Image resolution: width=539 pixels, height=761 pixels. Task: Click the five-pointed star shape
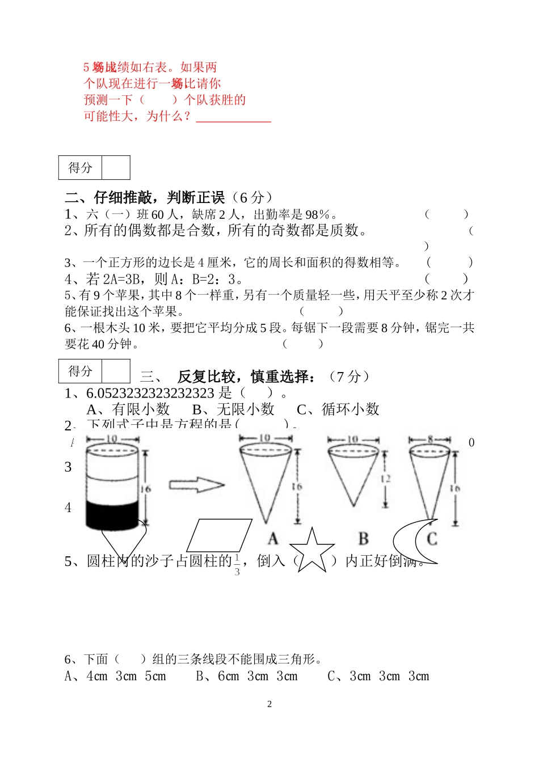click(x=311, y=551)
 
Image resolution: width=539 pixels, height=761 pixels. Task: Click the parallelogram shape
click(x=219, y=535)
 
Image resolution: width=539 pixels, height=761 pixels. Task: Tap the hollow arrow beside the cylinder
click(x=196, y=485)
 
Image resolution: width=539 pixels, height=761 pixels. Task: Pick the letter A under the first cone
click(x=273, y=538)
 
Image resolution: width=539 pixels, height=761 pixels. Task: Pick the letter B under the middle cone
click(x=364, y=538)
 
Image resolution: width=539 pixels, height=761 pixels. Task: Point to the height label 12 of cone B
click(x=386, y=479)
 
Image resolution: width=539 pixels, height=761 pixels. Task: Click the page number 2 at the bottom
click(x=269, y=704)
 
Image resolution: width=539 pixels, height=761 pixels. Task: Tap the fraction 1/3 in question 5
click(x=237, y=565)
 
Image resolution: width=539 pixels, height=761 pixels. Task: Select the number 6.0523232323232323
click(x=150, y=393)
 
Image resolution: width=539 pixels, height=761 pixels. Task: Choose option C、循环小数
click(x=338, y=409)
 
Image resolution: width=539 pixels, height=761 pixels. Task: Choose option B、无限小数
click(x=233, y=409)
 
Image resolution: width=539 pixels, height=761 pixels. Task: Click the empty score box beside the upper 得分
click(x=116, y=168)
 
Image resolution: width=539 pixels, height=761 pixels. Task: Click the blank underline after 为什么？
click(x=233, y=118)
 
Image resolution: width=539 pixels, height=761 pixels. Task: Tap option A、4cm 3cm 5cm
click(x=115, y=676)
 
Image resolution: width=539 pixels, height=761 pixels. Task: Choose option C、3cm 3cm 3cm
click(x=378, y=676)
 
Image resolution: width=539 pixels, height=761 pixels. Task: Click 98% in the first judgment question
click(x=317, y=214)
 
